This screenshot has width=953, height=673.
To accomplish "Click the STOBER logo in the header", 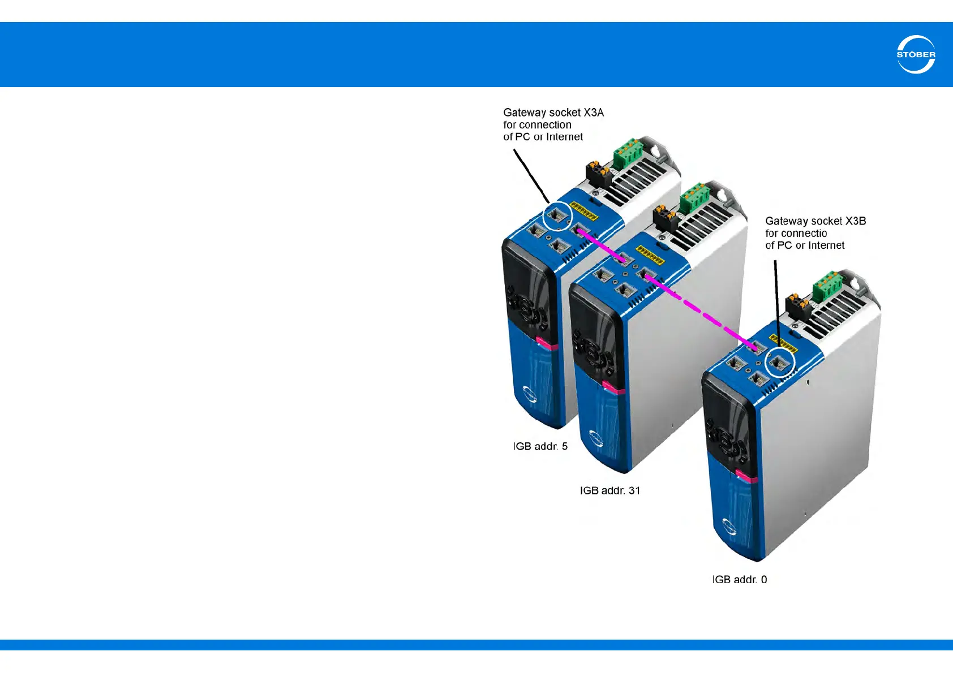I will pyautogui.click(x=916, y=55).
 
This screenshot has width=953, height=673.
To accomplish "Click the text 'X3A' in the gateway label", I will pyautogui.click(x=594, y=113).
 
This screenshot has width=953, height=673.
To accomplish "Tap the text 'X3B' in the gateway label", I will pyautogui.click(x=855, y=221).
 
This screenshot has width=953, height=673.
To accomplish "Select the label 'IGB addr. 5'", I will pyautogui.click(x=540, y=446).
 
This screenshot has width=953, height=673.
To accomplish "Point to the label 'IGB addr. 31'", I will pyautogui.click(x=609, y=490).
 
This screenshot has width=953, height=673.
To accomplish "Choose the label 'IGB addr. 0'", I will pyautogui.click(x=739, y=579).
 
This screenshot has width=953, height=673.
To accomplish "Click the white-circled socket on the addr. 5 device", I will pyautogui.click(x=557, y=216).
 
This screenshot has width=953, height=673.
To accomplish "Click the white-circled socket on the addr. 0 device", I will pyautogui.click(x=780, y=363).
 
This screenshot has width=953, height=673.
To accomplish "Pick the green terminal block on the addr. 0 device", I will pyautogui.click(x=827, y=286).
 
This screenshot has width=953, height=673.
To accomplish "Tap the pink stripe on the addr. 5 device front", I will pyautogui.click(x=547, y=343).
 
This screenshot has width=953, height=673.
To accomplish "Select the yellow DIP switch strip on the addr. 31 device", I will pyautogui.click(x=650, y=256).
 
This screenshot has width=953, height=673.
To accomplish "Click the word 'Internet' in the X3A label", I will pyautogui.click(x=564, y=137).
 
